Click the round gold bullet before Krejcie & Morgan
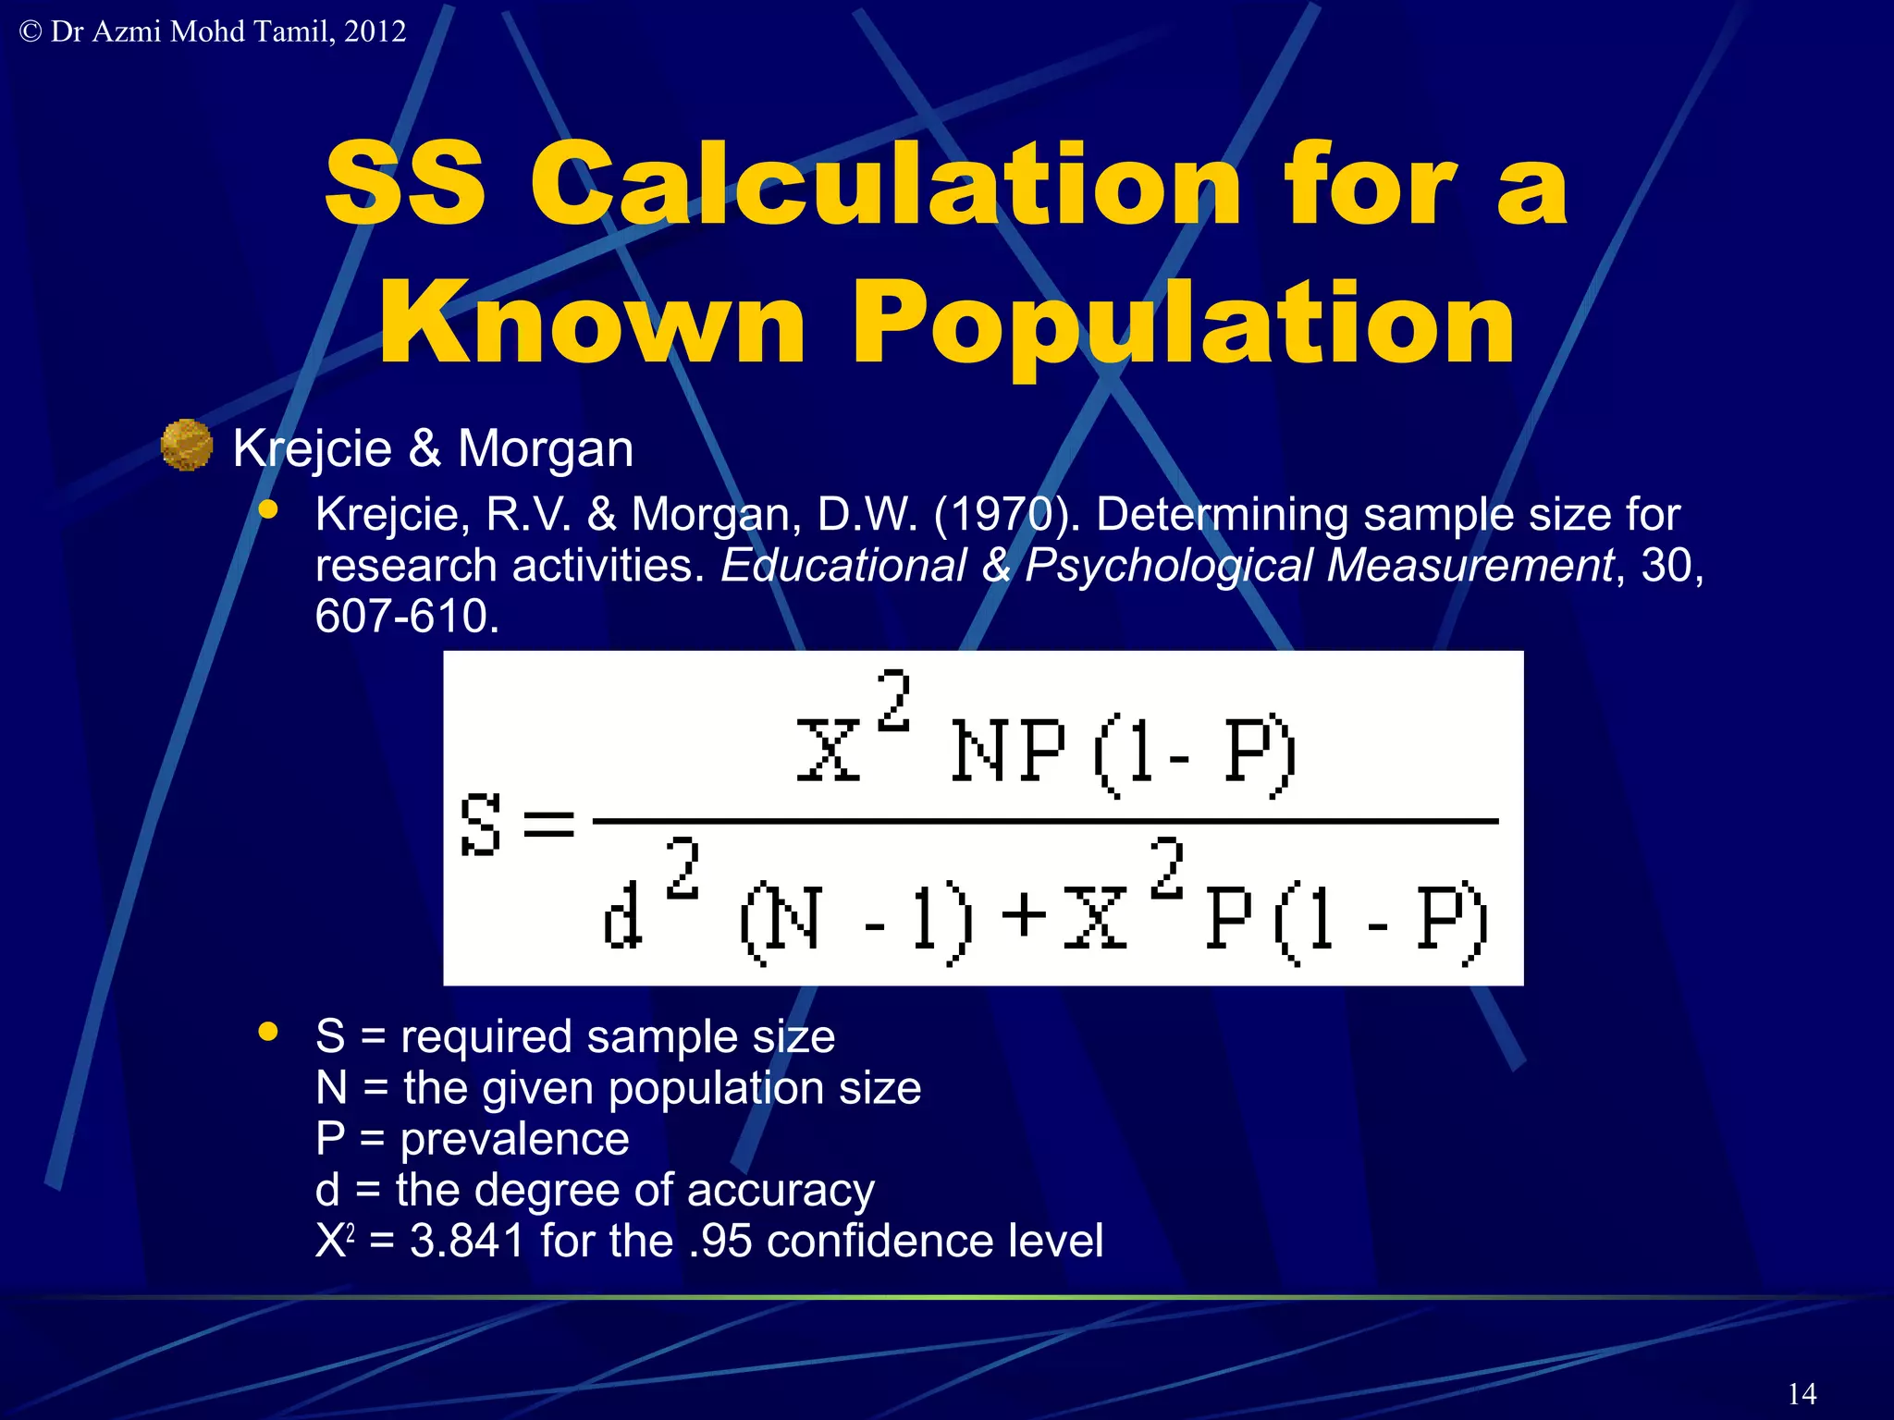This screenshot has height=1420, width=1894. coord(187,445)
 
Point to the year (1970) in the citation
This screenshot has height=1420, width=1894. coord(1006,514)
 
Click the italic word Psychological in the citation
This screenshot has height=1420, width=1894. coord(1174,565)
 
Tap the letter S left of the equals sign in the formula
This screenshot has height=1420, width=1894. coord(481,823)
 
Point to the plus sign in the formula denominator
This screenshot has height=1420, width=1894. coord(1024,915)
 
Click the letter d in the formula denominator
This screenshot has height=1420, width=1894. coord(621,917)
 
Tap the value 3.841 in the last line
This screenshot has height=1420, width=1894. coord(468,1241)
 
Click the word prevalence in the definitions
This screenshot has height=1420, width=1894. coord(514,1139)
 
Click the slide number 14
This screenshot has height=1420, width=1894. coord(1802,1393)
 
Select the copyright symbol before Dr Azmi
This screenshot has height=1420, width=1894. coord(31,31)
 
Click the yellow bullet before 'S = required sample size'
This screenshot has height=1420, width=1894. coord(268,1032)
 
